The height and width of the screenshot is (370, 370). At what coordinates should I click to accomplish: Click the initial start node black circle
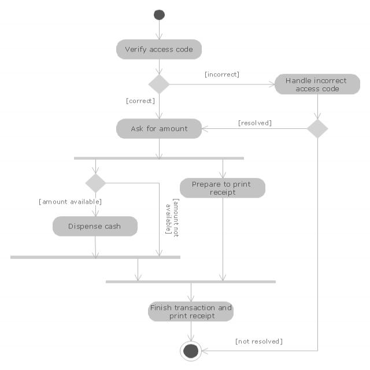pyautogui.click(x=159, y=15)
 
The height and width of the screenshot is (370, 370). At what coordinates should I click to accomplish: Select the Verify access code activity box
pyautogui.click(x=159, y=49)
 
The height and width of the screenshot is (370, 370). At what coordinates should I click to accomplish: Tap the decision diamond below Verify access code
pyautogui.click(x=159, y=84)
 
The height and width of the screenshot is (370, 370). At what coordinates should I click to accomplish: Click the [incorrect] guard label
pyautogui.click(x=222, y=75)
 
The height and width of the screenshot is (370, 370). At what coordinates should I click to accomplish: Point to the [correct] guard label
pyautogui.click(x=140, y=101)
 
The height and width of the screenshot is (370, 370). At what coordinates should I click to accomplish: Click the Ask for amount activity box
pyautogui.click(x=159, y=128)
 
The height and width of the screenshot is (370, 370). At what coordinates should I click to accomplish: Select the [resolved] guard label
pyautogui.click(x=255, y=123)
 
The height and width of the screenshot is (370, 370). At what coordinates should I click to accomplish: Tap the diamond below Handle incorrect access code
pyautogui.click(x=317, y=128)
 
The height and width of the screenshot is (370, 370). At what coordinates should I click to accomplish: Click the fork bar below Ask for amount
pyautogui.click(x=159, y=158)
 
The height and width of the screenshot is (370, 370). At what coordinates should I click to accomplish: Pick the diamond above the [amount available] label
pyautogui.click(x=95, y=183)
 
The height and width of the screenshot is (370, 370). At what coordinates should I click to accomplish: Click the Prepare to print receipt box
pyautogui.click(x=223, y=188)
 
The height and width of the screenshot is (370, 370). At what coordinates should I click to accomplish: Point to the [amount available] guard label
pyautogui.click(x=70, y=202)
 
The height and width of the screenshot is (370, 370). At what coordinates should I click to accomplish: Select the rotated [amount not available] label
pyautogui.click(x=172, y=216)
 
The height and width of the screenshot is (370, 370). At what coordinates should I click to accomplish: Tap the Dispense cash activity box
pyautogui.click(x=95, y=226)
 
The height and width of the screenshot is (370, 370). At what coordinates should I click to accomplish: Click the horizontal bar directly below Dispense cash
pyautogui.click(x=95, y=257)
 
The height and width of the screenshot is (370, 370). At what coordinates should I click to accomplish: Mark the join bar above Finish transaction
pyautogui.click(x=191, y=282)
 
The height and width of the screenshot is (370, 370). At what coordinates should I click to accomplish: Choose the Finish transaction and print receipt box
pyautogui.click(x=191, y=312)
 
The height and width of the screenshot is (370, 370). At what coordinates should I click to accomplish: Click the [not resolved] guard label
pyautogui.click(x=258, y=342)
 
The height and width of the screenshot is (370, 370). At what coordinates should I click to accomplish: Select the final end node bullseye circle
pyautogui.click(x=190, y=350)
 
